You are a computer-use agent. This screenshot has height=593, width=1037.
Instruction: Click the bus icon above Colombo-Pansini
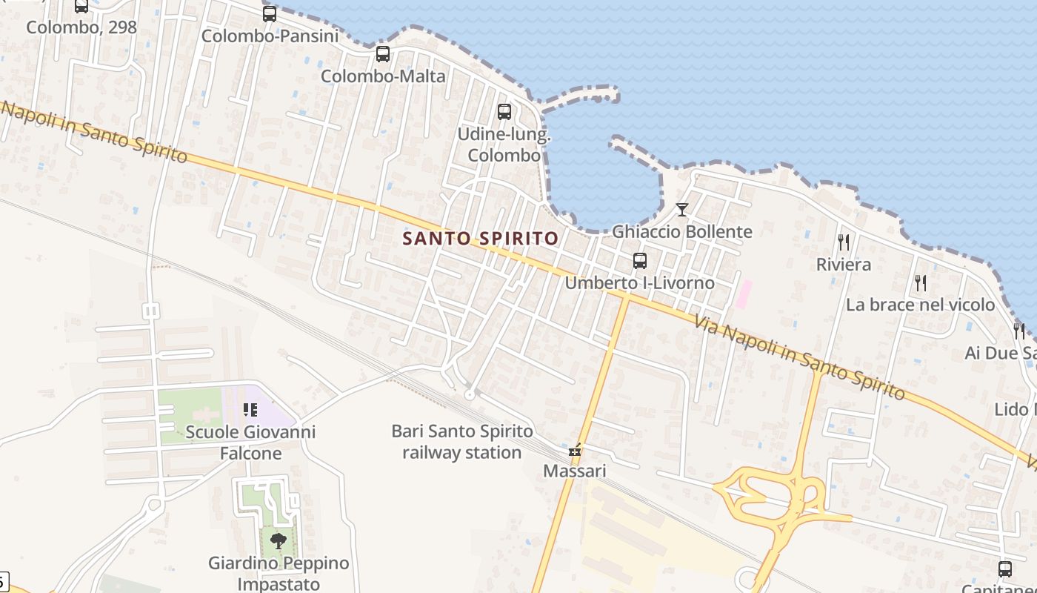[x=270, y=14]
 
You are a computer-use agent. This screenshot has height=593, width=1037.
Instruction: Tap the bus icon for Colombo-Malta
[x=383, y=54]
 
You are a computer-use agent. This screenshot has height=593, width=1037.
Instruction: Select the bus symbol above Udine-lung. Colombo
[x=504, y=112]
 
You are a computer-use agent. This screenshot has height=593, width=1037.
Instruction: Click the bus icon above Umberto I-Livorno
[x=640, y=261]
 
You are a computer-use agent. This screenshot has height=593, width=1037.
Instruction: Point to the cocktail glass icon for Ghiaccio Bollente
[x=682, y=210]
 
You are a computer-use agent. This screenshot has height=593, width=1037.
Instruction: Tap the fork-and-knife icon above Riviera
[x=843, y=242]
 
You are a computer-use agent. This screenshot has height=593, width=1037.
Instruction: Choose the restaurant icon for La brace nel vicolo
[x=920, y=282]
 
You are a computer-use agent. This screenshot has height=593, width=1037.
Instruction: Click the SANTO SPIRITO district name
[x=480, y=238]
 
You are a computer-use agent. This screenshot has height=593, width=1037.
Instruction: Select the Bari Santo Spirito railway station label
[x=461, y=442]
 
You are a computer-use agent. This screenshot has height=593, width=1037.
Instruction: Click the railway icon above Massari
[x=575, y=450]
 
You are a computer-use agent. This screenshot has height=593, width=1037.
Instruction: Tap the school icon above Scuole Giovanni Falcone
[x=250, y=410]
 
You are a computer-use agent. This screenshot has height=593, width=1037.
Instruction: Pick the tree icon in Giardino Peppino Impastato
[x=279, y=540]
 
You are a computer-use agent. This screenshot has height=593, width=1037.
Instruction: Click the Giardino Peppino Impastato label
[x=279, y=573]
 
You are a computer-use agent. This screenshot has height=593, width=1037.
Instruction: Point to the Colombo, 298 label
[x=81, y=27]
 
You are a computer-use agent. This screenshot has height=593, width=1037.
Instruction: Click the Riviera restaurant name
[x=843, y=265]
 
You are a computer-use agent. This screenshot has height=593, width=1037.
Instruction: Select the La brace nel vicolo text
[x=920, y=305]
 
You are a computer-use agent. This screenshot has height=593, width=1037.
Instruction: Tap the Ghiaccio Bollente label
[x=681, y=231]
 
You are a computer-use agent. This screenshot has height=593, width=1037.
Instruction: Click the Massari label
[x=575, y=471]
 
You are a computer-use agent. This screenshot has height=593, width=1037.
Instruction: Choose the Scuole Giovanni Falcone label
[x=250, y=443]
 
